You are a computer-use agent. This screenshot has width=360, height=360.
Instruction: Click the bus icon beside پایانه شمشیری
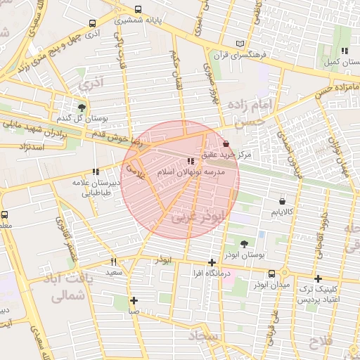137,10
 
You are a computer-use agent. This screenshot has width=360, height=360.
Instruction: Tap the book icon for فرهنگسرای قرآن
241,44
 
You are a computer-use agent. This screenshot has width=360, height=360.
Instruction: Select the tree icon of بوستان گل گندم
82,108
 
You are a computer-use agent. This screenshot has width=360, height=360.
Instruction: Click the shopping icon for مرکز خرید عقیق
225,143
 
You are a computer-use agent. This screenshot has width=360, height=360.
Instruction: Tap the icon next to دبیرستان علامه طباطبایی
95,171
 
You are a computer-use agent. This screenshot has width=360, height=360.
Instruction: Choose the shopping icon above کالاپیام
282,200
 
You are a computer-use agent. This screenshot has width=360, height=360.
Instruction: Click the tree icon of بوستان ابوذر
243,245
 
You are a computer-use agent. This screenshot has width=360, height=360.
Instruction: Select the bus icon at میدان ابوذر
271,274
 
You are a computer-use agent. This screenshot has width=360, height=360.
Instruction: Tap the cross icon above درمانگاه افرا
212,262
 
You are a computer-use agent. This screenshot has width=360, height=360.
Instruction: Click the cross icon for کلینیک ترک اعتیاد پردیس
319,278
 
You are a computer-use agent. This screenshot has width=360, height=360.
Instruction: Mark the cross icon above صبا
134,300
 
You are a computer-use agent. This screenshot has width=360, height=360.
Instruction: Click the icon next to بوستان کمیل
344,51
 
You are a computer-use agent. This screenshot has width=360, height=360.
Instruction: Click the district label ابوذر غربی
191,218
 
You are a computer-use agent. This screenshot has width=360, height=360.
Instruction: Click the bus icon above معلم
5,214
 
